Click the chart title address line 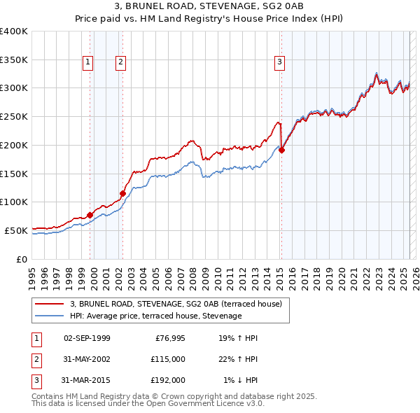point(209,7)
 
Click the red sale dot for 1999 point(90,215)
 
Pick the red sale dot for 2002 point(122,193)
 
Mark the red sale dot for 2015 point(281,149)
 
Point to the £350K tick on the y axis point(14,60)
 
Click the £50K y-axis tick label point(16,230)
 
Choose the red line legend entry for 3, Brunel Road point(176,304)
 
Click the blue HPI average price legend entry point(155,316)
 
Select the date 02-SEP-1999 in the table point(87,338)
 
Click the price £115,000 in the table point(168,359)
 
